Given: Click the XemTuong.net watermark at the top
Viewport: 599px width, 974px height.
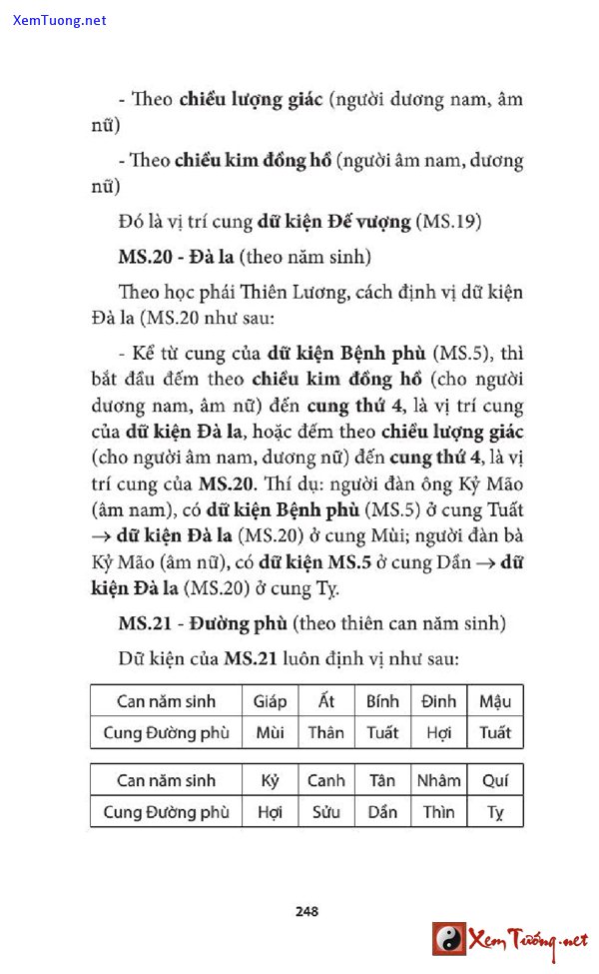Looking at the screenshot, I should pyautogui.click(x=60, y=20).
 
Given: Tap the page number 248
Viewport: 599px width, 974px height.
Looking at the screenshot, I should pyautogui.click(x=306, y=911).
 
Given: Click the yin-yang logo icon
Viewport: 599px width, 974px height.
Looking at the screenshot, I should pyautogui.click(x=448, y=939).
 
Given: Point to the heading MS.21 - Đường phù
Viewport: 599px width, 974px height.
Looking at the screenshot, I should pyautogui.click(x=203, y=623).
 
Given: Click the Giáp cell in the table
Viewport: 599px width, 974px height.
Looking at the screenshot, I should pyautogui.click(x=270, y=701).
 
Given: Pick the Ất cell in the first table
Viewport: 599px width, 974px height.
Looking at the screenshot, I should pyautogui.click(x=325, y=701).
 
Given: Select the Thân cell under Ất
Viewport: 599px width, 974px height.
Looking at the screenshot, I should pyautogui.click(x=325, y=732).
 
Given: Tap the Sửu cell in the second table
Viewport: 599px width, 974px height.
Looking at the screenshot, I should pyautogui.click(x=325, y=811).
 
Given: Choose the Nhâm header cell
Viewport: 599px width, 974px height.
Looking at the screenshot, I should pyautogui.click(x=438, y=780).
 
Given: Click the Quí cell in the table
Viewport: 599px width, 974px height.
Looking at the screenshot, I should pyautogui.click(x=495, y=780).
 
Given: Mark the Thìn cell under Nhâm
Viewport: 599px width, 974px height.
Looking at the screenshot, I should pyautogui.click(x=438, y=811).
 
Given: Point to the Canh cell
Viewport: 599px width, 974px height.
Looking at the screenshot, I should pyautogui.click(x=325, y=780).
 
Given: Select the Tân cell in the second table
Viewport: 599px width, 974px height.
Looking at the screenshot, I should pyautogui.click(x=382, y=780).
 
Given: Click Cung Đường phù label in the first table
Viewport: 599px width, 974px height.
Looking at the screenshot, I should pyautogui.click(x=166, y=732).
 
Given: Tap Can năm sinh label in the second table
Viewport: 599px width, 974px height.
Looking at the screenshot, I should pyautogui.click(x=166, y=780).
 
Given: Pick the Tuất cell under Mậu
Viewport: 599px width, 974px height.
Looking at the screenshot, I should pyautogui.click(x=495, y=732).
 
